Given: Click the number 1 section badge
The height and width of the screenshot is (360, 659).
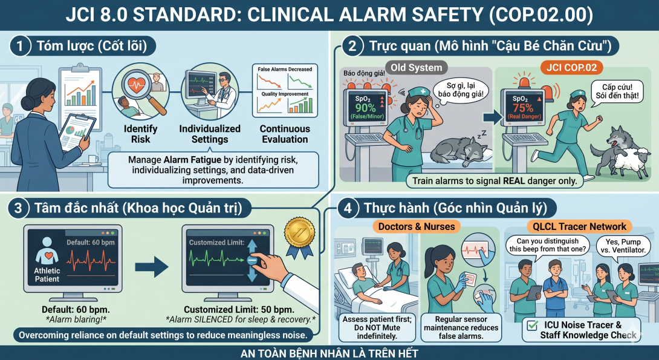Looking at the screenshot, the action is point(19,45).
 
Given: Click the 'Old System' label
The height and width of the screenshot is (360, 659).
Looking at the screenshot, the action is point(416,68).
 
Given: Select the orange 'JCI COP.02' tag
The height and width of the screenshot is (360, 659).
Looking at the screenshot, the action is point(571,68).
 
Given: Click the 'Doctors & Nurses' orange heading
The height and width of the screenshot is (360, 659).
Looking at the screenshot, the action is point(416,227).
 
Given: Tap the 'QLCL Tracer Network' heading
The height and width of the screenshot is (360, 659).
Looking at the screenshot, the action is point(579,227).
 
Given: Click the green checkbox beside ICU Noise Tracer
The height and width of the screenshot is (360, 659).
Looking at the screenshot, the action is point(532,325).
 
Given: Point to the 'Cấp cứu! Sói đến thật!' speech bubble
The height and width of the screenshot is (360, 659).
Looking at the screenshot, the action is point(617,93).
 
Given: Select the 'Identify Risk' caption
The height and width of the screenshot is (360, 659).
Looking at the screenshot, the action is point(140,134).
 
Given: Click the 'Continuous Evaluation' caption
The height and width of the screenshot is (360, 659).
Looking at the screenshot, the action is point(285,134).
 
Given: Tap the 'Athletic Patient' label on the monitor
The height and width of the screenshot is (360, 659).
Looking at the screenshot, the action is point(47,275).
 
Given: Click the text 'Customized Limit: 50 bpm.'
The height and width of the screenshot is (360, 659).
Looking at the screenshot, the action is point(239,310).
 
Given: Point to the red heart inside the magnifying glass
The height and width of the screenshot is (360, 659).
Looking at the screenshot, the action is point(136,86).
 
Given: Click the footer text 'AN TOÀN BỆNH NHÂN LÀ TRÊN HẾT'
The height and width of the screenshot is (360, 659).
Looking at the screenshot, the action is point(329,353).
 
